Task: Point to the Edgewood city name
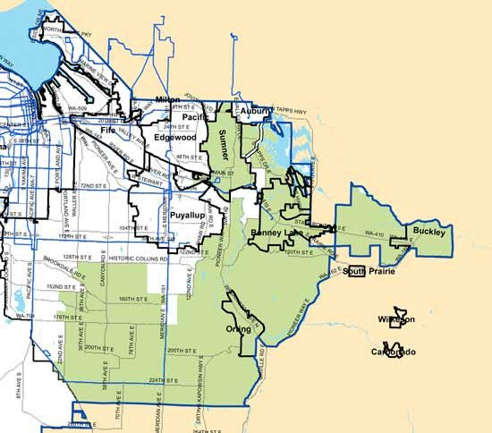(174, 138)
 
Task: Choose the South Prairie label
(368, 271)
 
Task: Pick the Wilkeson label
(394, 319)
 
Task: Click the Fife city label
(108, 131)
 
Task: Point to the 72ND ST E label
(93, 186)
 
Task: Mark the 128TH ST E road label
(88, 255)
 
